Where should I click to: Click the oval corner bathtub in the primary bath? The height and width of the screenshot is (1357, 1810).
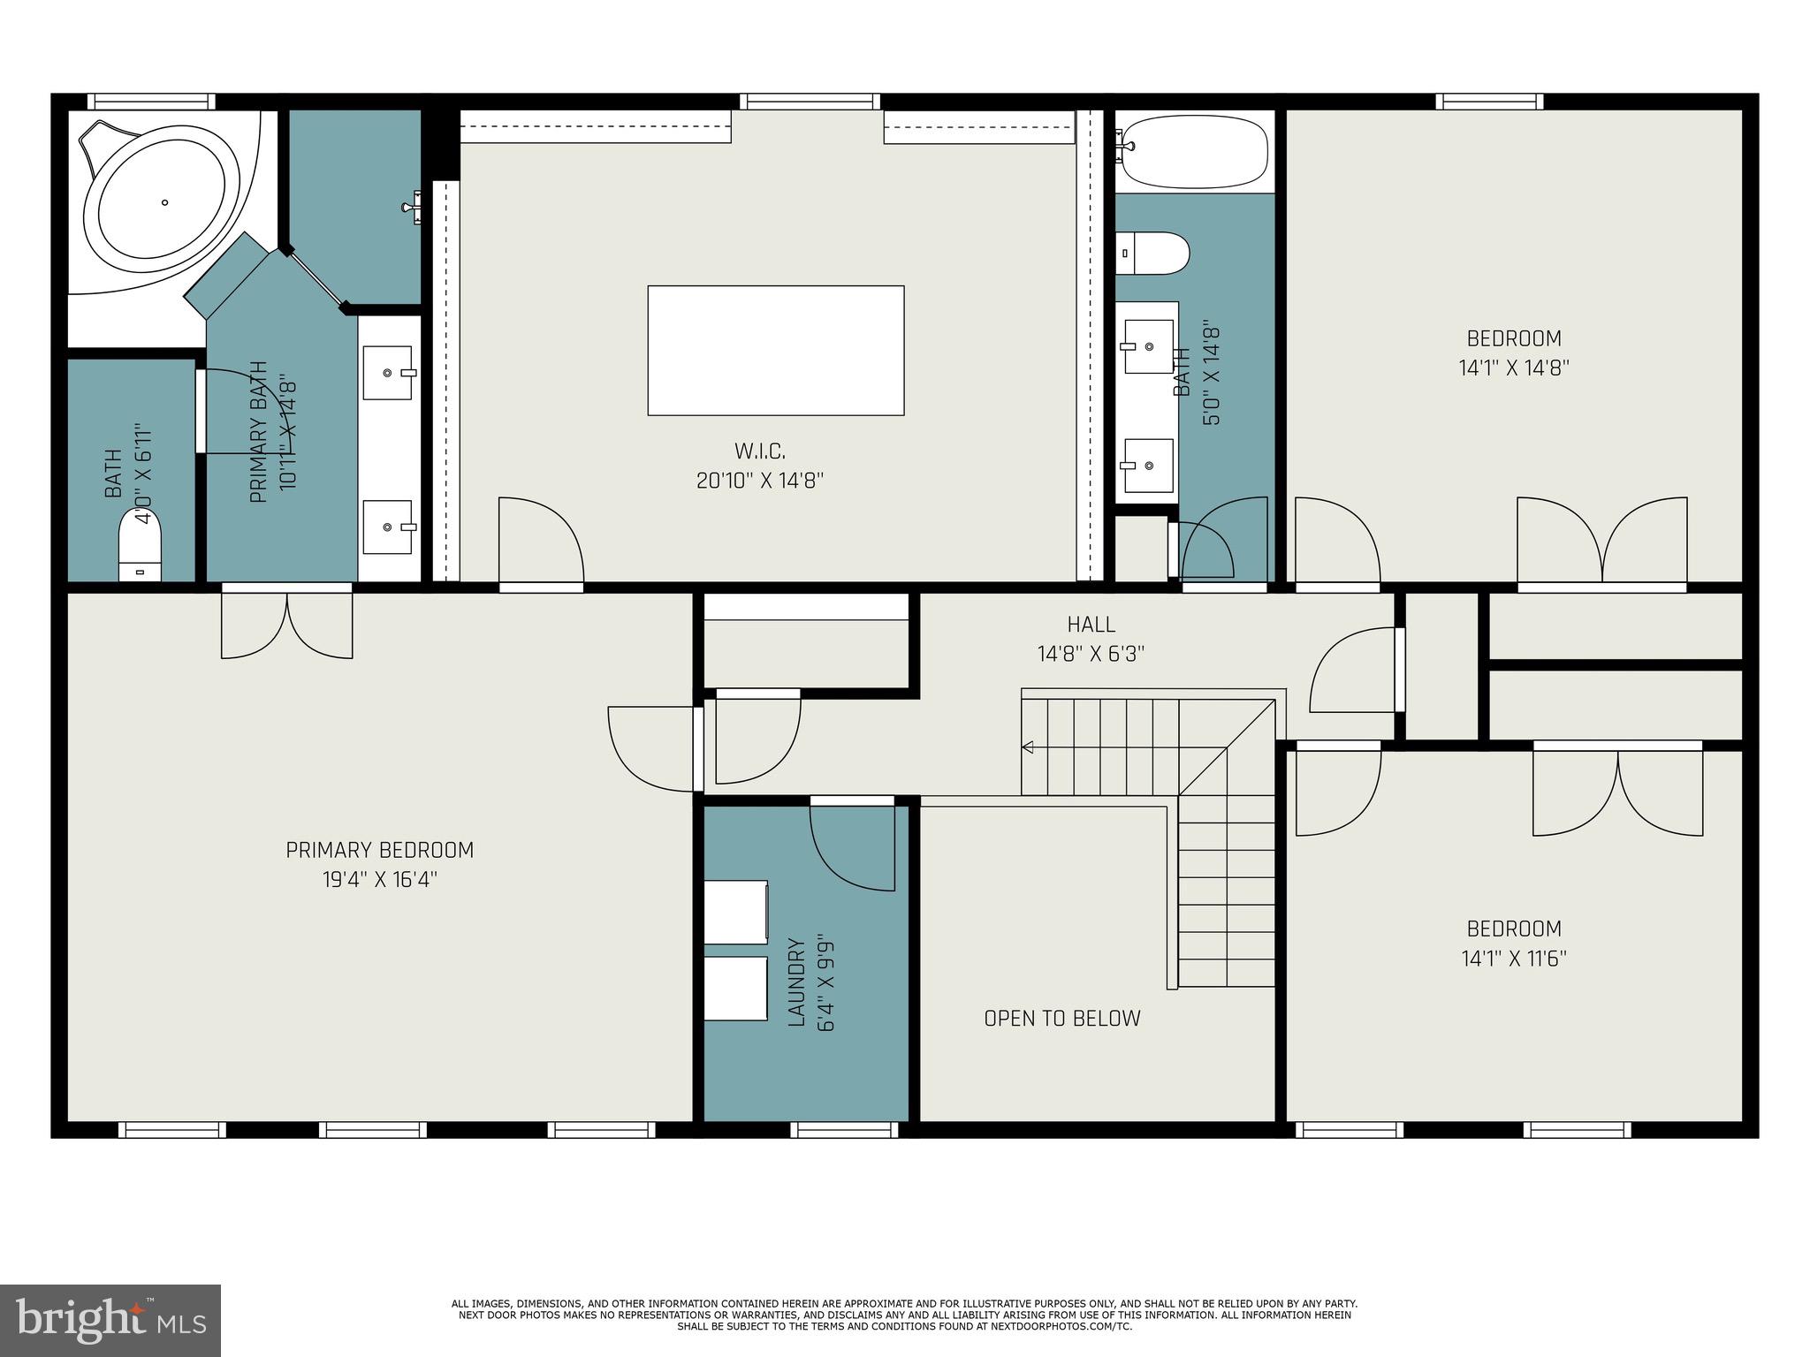click(166, 202)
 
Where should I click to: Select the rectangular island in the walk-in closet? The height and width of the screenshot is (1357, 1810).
click(775, 350)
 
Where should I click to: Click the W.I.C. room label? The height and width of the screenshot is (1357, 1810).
click(759, 451)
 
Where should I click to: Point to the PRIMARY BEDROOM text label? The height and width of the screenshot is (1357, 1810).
click(379, 850)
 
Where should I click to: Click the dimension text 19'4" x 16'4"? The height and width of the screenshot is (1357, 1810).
click(379, 880)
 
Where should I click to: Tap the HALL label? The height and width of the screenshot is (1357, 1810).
click(1091, 625)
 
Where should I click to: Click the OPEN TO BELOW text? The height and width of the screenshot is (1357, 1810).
click(1061, 1019)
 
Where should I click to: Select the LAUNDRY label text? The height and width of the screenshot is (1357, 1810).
click(796, 982)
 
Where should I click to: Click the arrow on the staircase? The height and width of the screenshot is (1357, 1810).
click(1028, 747)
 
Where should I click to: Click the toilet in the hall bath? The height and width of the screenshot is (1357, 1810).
click(1151, 254)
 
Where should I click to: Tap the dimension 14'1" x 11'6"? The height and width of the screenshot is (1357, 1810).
click(1513, 959)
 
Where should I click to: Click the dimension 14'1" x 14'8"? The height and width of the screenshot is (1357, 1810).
click(1513, 368)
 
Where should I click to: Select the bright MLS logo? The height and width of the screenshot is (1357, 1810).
click(110, 1320)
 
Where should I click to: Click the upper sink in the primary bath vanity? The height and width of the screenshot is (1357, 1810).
click(387, 373)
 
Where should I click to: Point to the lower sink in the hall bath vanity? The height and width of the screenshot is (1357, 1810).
click(1148, 466)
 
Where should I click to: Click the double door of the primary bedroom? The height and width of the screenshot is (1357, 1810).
click(287, 624)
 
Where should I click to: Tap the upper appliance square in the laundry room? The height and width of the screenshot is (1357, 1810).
click(735, 911)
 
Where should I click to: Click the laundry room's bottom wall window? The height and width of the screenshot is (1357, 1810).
click(844, 1129)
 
